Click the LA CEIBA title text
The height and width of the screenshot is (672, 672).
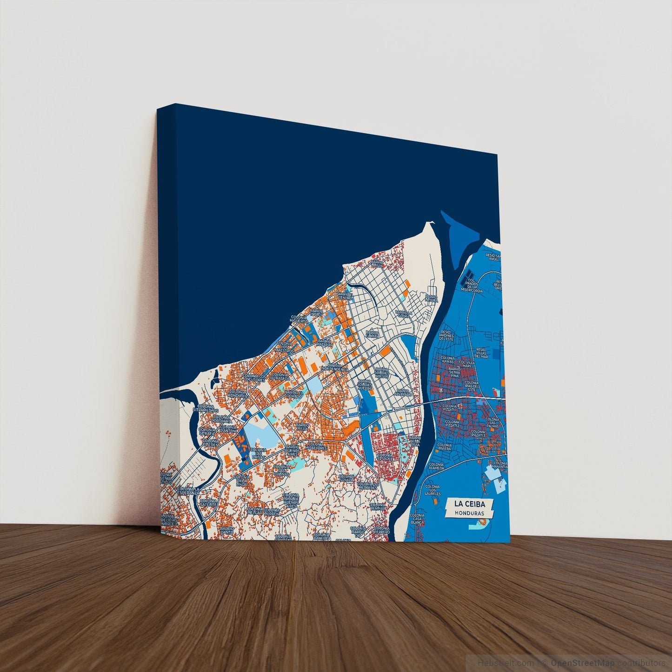(x=469, y=504)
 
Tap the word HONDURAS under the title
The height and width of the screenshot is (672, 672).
(x=469, y=514)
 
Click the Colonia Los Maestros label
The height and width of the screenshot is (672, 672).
(x=284, y=346)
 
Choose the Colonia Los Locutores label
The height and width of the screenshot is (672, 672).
(x=254, y=378)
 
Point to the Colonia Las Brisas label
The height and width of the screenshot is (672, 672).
(x=259, y=453)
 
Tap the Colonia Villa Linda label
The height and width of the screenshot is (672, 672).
(x=242, y=480)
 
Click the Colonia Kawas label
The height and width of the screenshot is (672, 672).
(x=447, y=360)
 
